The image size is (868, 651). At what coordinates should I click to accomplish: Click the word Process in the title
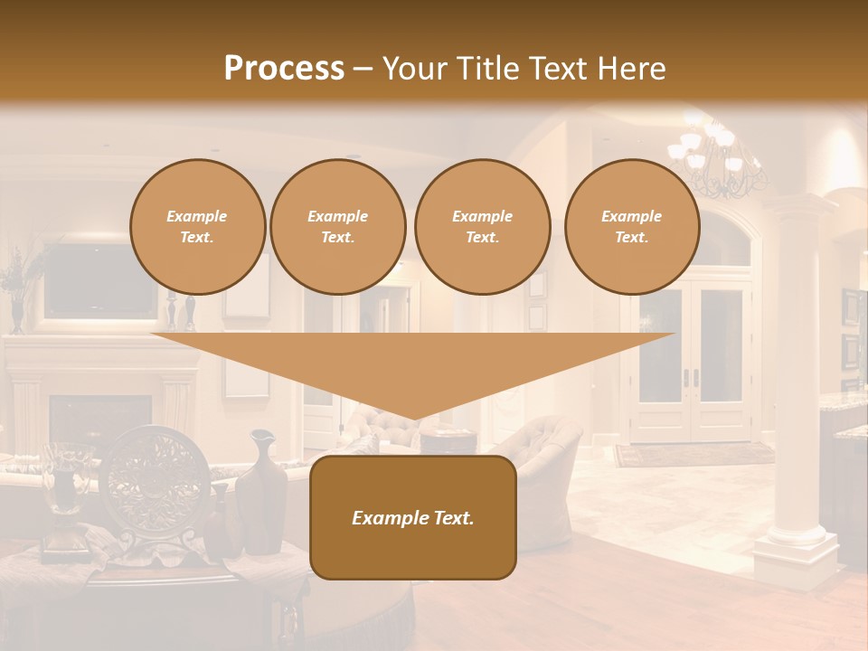(x=284, y=69)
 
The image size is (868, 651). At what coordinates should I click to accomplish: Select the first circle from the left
(x=197, y=227)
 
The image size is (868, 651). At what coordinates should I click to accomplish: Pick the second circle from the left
(x=337, y=227)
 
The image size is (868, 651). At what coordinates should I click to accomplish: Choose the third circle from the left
(x=482, y=227)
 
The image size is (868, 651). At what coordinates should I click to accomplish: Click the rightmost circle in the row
(x=631, y=227)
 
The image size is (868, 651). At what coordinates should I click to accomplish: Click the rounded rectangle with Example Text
(x=412, y=517)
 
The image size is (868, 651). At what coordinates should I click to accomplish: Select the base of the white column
(x=796, y=547)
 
